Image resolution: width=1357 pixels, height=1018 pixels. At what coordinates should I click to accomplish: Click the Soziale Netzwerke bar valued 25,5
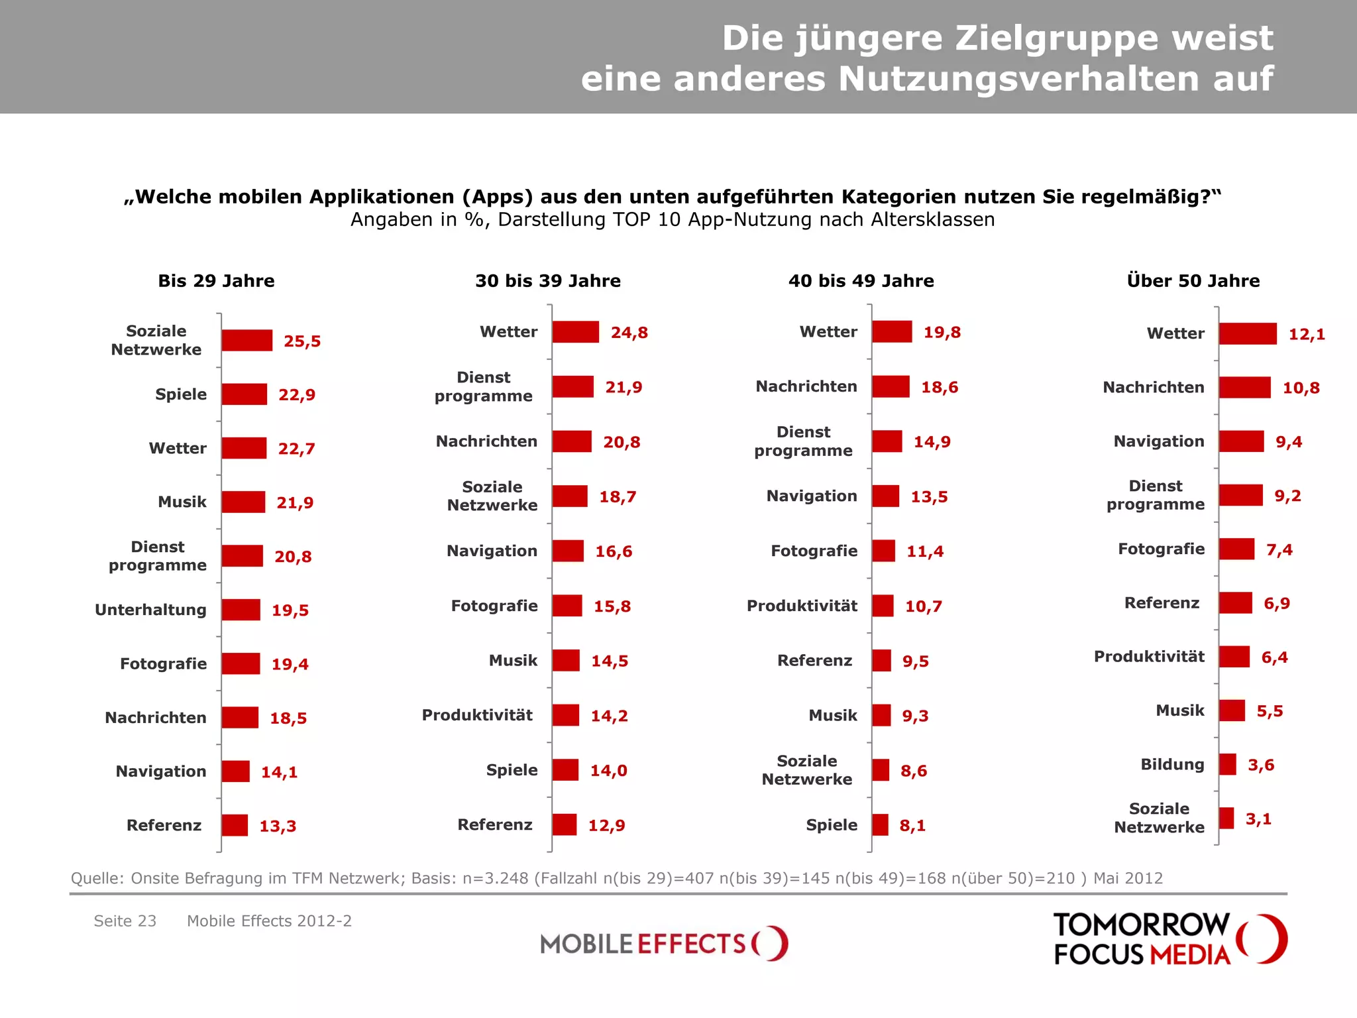click(x=246, y=341)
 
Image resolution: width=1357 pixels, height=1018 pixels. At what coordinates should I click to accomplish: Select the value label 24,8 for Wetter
click(x=629, y=333)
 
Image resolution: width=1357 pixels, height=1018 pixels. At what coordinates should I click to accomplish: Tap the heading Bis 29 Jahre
click(x=216, y=281)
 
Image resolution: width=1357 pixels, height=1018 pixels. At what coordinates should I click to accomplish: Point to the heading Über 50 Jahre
click(x=1193, y=281)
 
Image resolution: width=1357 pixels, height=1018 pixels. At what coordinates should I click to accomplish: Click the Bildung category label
click(x=1171, y=765)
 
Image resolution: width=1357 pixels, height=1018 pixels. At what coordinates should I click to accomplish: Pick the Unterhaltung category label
click(x=150, y=610)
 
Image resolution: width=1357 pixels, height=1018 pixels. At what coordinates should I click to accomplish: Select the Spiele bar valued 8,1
click(x=880, y=825)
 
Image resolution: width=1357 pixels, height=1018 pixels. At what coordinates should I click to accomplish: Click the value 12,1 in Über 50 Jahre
click(x=1306, y=335)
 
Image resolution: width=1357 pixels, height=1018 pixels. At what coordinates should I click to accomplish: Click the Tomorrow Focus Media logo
click(x=1169, y=939)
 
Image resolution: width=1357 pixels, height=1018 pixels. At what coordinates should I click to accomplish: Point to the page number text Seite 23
click(x=125, y=921)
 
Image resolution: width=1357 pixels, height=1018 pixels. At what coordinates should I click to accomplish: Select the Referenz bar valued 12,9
click(x=565, y=825)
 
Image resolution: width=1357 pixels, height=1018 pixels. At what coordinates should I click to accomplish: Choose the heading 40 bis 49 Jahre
click(x=861, y=281)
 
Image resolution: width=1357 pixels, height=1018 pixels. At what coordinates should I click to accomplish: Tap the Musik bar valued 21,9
click(x=243, y=502)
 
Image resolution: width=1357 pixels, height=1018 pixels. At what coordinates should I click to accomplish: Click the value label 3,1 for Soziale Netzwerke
click(x=1258, y=819)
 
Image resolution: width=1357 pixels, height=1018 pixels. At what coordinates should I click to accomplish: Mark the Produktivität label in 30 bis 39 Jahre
click(x=477, y=715)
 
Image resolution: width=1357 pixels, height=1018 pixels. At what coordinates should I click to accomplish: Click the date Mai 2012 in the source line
click(x=1128, y=879)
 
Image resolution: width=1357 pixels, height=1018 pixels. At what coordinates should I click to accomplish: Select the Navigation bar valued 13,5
click(x=885, y=496)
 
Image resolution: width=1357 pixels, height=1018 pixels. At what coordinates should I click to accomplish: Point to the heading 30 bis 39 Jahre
click(x=547, y=281)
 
